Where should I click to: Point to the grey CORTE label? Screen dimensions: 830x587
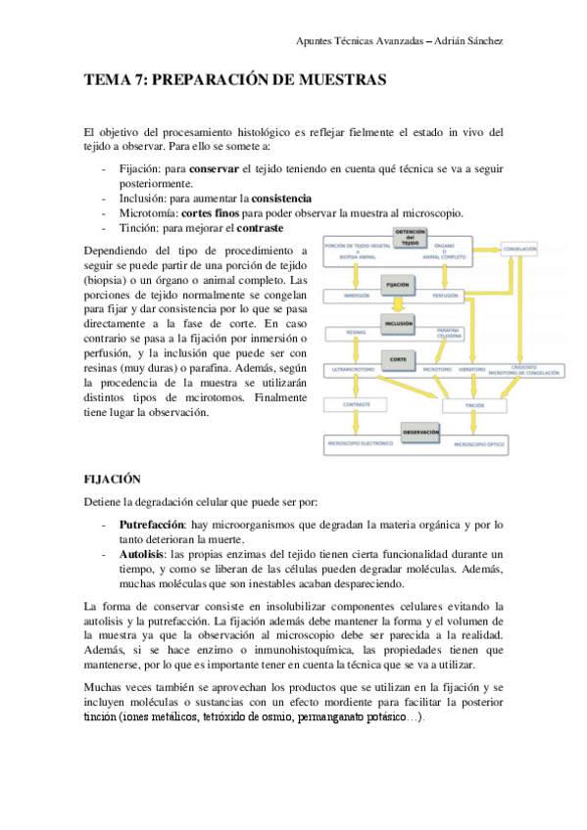click(398, 360)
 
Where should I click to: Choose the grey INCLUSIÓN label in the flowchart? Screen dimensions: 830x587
click(398, 323)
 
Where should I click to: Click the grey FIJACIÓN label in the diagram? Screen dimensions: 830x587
click(397, 285)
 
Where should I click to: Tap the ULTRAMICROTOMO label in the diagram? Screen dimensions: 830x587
click(355, 370)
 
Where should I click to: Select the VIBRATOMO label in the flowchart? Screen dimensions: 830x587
click(471, 370)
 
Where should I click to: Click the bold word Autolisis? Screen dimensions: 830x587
click(142, 553)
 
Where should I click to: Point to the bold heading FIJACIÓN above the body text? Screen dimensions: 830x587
click(114, 480)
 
